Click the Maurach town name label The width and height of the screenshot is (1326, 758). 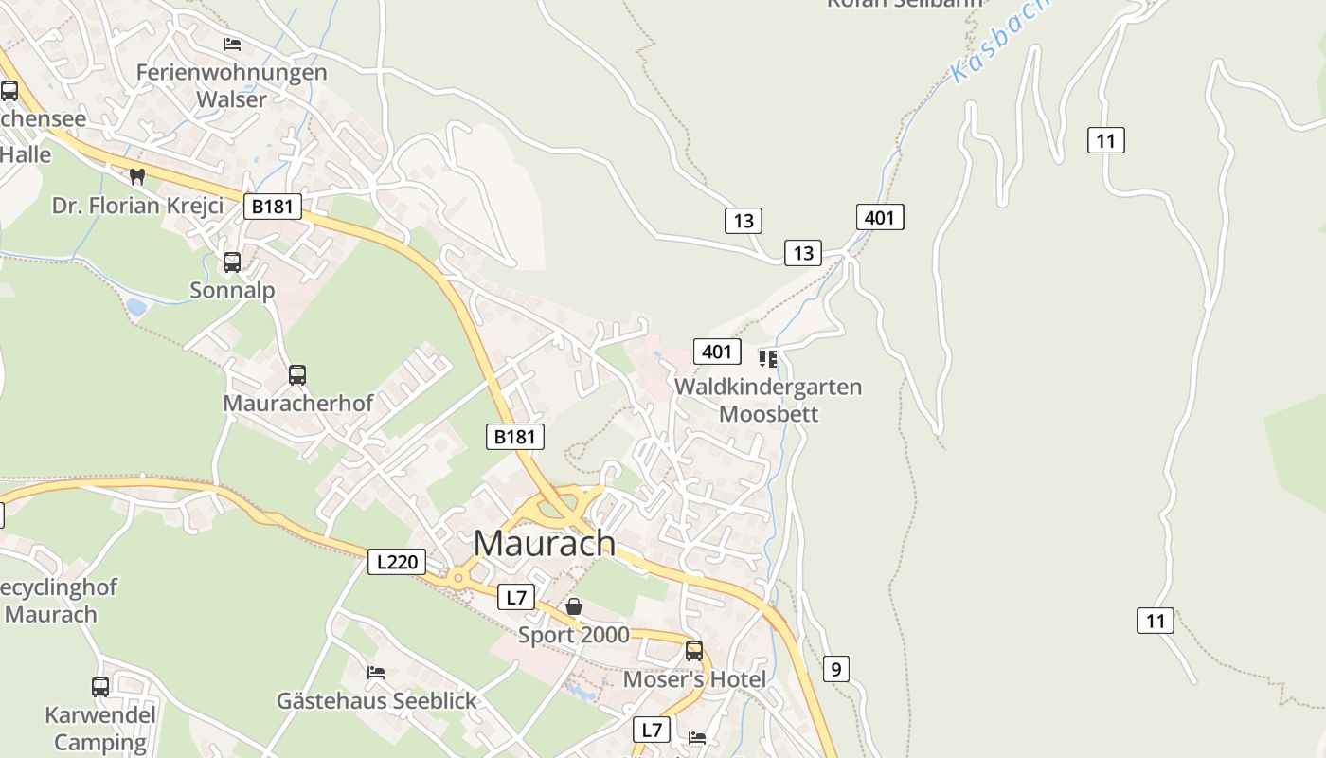click(545, 543)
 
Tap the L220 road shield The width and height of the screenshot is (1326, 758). click(397, 562)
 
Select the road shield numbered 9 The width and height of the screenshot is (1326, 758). click(835, 669)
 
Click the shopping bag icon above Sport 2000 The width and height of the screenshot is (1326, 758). click(574, 606)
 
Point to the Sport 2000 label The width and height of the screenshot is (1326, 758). click(574, 635)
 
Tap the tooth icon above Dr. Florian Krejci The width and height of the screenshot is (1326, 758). click(137, 176)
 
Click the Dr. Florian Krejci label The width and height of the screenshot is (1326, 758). click(137, 206)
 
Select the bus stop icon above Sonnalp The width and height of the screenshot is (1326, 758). click(232, 262)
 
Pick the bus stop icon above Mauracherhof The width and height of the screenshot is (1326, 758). click(297, 375)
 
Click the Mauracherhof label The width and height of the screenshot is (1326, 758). click(298, 403)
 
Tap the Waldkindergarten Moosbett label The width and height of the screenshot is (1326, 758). click(768, 400)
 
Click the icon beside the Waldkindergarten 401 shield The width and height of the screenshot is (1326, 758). click(768, 358)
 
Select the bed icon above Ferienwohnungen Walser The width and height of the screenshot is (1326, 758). click(232, 45)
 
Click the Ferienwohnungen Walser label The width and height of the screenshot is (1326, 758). click(232, 84)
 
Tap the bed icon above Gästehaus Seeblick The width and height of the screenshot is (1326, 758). click(376, 673)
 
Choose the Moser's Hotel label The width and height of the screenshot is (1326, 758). click(694, 679)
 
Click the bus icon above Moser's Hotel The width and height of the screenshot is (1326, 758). click(694, 651)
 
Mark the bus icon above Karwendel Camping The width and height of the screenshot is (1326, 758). click(100, 687)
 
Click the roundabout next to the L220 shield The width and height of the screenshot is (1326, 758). click(458, 577)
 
